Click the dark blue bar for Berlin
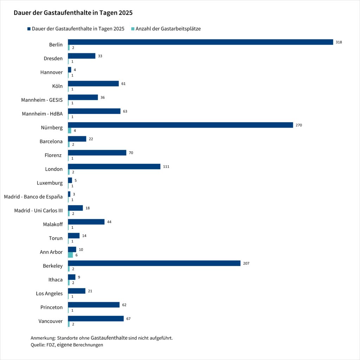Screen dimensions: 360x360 coord(200,42)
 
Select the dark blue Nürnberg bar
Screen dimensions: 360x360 coord(180,125)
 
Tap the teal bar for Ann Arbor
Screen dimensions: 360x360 coord(70,255)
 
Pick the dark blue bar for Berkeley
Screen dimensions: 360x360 coord(154,263)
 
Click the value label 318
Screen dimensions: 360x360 coord(339,42)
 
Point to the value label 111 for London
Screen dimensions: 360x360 coord(166,167)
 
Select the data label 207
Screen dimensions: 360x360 coord(246,263)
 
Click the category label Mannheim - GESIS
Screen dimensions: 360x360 coord(42,100)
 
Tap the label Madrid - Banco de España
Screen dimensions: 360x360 coord(33,197)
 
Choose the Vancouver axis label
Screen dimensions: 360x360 coord(50,321)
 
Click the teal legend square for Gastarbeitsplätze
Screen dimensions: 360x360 coord(133,29)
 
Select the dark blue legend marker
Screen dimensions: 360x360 coord(28,29)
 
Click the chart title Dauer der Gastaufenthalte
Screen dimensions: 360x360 coord(73,13)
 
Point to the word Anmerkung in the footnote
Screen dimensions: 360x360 coord(40,338)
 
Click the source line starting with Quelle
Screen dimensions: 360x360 coord(67,345)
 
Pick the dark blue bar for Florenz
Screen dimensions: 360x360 coord(97,153)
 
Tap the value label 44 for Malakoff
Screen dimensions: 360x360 coord(109,222)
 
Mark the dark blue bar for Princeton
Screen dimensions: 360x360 coord(94,305)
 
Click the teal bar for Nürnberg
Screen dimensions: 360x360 coord(70,130)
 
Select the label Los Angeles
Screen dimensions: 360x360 coord(49,294)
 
